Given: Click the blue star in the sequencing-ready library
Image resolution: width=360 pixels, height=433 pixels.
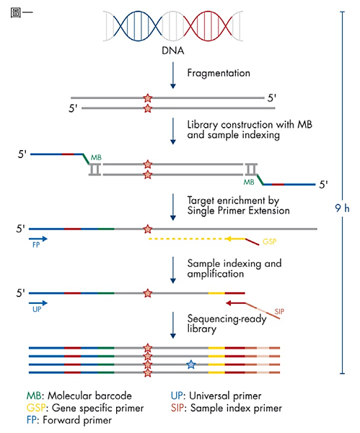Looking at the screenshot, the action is tap(190, 364).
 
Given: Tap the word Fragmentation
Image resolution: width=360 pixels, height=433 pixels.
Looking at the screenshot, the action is tap(219, 73).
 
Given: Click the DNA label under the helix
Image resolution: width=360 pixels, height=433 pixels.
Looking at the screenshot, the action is tap(173, 51).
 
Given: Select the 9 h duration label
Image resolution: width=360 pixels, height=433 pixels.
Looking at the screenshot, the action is tap(342, 208).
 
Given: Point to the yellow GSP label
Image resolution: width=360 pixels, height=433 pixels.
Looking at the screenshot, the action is tap(269, 242).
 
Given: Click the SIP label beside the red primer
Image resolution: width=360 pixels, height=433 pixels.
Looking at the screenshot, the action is tap(279, 312).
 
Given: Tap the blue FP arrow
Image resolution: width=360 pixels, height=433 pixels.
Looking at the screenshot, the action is tap(38, 239).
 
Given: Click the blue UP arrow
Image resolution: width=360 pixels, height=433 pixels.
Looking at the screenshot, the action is tap(38, 303).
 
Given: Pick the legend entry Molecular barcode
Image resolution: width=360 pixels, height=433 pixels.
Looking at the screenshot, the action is tap(79, 395).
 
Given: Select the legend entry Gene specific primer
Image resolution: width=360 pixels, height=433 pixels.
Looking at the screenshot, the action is tap(85, 408).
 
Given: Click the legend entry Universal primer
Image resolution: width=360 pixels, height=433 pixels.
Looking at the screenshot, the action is tap(216, 395).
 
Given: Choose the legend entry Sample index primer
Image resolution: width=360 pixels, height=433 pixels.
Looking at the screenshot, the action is tap(227, 408).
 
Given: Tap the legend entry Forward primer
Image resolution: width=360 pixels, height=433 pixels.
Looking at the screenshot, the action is tap(69, 420).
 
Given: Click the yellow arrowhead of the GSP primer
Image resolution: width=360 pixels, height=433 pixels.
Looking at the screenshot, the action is tap(228, 239).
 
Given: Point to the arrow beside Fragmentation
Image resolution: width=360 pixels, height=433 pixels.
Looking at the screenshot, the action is tap(173, 75).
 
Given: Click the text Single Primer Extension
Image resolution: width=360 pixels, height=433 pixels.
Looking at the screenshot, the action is tap(239, 211).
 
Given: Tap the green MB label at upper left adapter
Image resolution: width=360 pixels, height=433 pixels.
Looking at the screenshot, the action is tap(96, 157).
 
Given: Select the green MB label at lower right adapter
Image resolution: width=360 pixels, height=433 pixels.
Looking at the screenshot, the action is tap(249, 182).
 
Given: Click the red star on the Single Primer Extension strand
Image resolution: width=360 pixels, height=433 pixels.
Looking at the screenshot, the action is tap(148, 229).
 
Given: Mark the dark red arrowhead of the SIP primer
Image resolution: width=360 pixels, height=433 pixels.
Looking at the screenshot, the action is tap(229, 303).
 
